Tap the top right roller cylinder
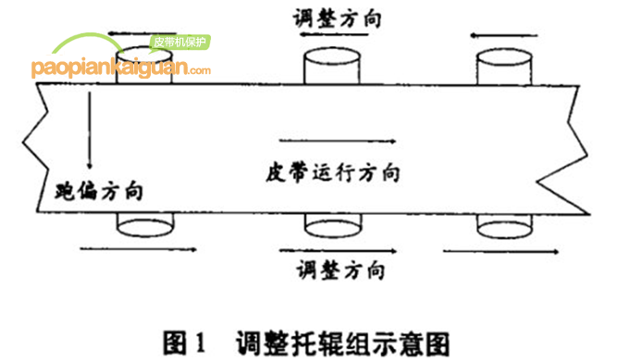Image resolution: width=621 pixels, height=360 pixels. pyautogui.click(x=504, y=65)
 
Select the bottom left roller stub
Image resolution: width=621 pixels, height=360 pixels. pyautogui.click(x=146, y=223)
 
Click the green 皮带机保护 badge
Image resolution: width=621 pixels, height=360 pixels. pyautogui.click(x=180, y=42)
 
